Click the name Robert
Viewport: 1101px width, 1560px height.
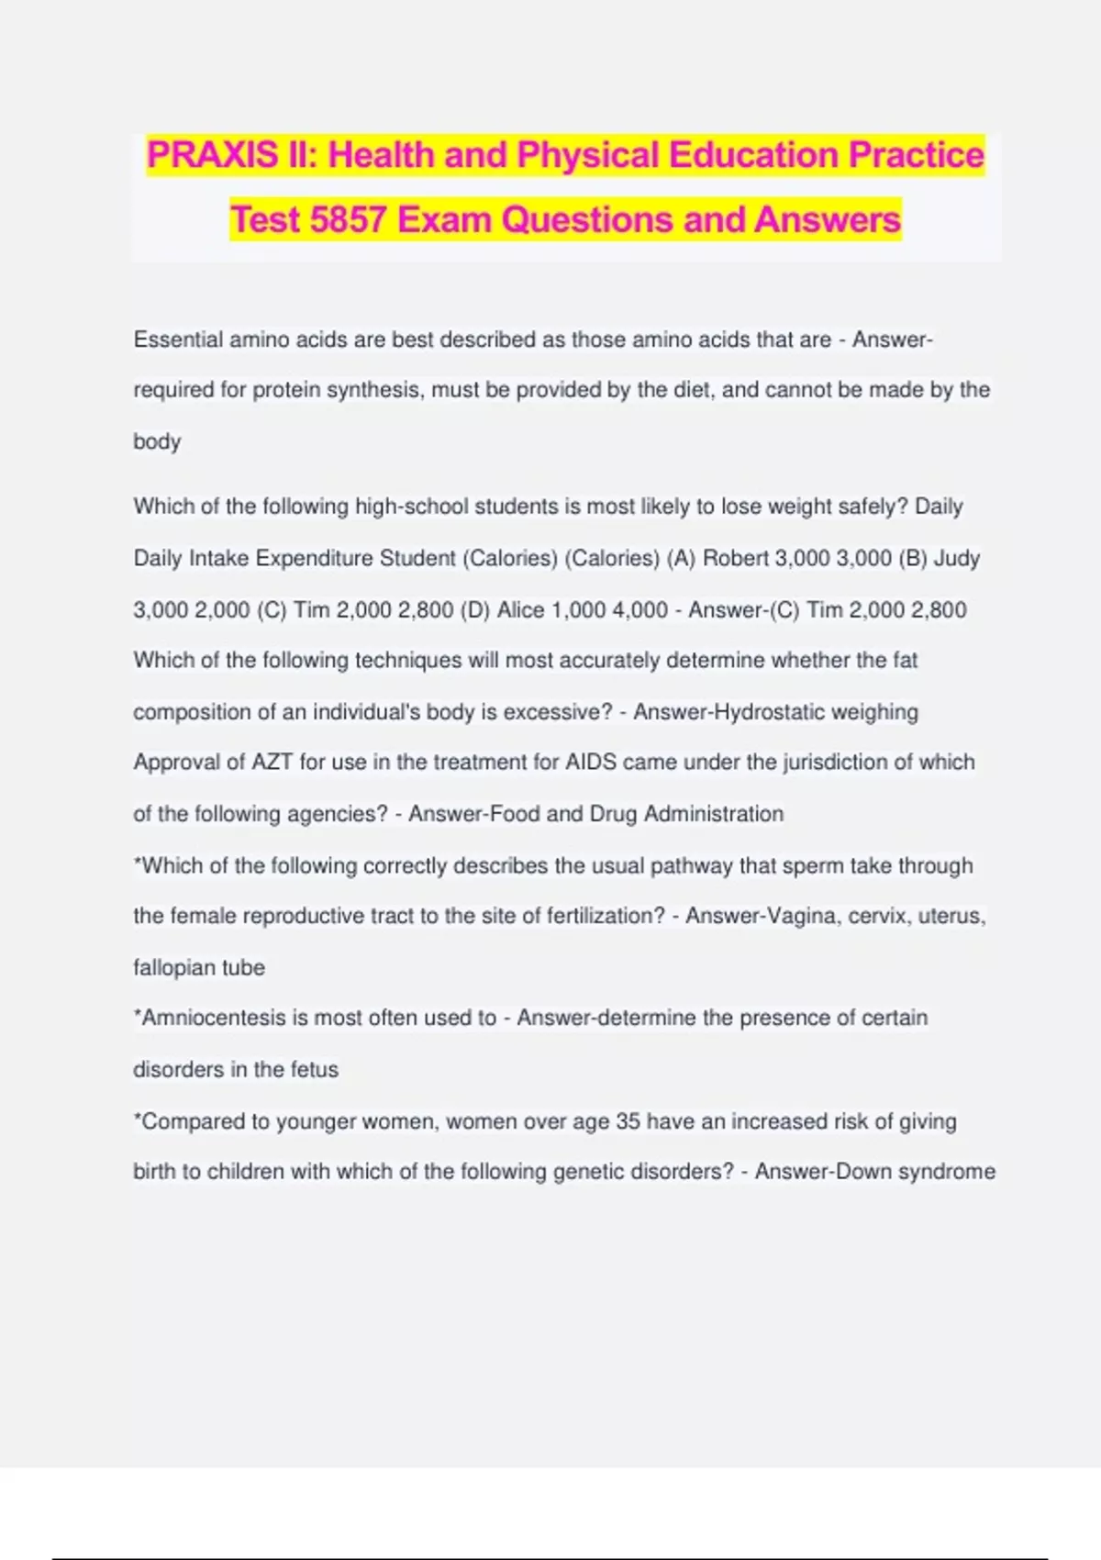[735, 558]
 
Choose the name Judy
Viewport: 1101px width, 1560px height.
[957, 558]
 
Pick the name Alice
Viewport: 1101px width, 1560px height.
[520, 610]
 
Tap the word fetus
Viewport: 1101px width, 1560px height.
[315, 1069]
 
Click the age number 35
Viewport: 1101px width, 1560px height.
[628, 1121]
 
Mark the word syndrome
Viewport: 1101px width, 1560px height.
[947, 1172]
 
